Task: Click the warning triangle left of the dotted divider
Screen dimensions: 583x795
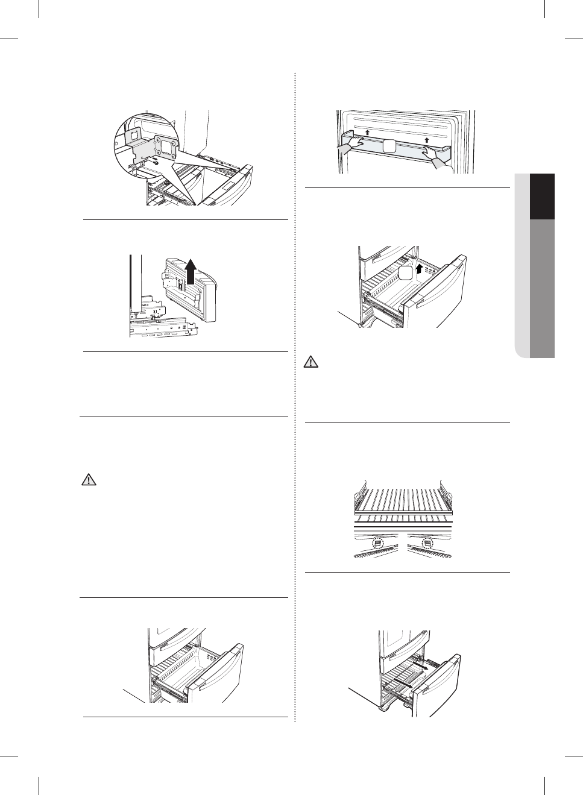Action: pyautogui.click(x=89, y=480)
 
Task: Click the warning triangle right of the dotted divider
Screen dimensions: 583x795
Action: pyautogui.click(x=310, y=363)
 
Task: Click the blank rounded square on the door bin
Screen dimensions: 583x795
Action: pyautogui.click(x=390, y=145)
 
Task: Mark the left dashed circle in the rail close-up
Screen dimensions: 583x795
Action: pyautogui.click(x=378, y=542)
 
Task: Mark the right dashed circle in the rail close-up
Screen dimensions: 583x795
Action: pyautogui.click(x=427, y=542)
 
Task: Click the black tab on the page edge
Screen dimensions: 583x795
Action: pyautogui.click(x=542, y=196)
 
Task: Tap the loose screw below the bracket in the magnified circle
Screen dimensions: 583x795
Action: pyautogui.click(x=155, y=161)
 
